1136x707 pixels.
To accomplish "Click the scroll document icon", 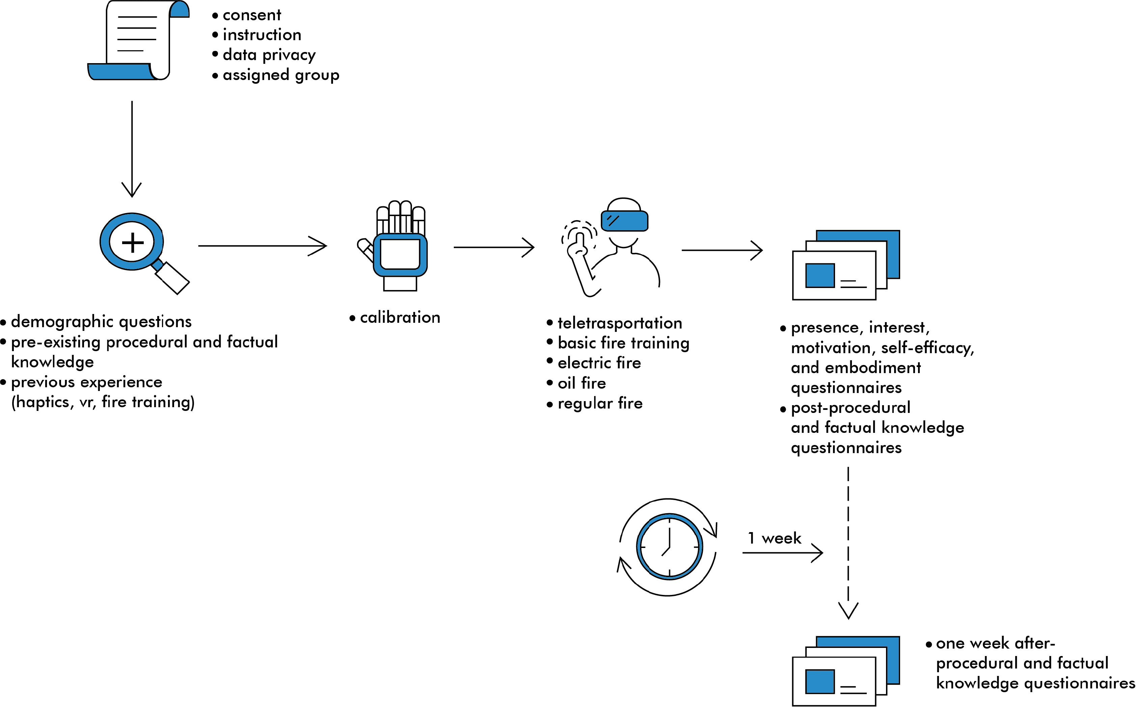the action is coord(138,40).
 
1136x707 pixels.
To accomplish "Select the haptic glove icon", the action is coord(392,246).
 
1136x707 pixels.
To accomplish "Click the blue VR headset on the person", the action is coord(624,221).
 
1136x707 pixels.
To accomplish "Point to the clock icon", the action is coord(669,547).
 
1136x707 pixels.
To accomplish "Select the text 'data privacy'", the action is coord(269,55).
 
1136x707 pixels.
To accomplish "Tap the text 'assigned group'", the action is coord(281,75).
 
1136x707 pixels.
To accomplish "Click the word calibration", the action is coord(400,317).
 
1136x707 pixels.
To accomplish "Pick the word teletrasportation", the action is coord(620,323).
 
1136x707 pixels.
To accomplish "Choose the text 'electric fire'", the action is coord(599,363).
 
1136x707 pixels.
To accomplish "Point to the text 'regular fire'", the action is coord(600,403).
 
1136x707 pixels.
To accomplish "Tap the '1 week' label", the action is coord(774,538).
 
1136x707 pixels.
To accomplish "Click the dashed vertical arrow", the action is coord(848,543).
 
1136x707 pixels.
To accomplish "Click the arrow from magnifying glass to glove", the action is coord(262,245).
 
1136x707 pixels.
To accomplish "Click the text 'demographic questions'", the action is coord(102,322).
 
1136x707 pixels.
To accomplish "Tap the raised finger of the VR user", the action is coord(580,240).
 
